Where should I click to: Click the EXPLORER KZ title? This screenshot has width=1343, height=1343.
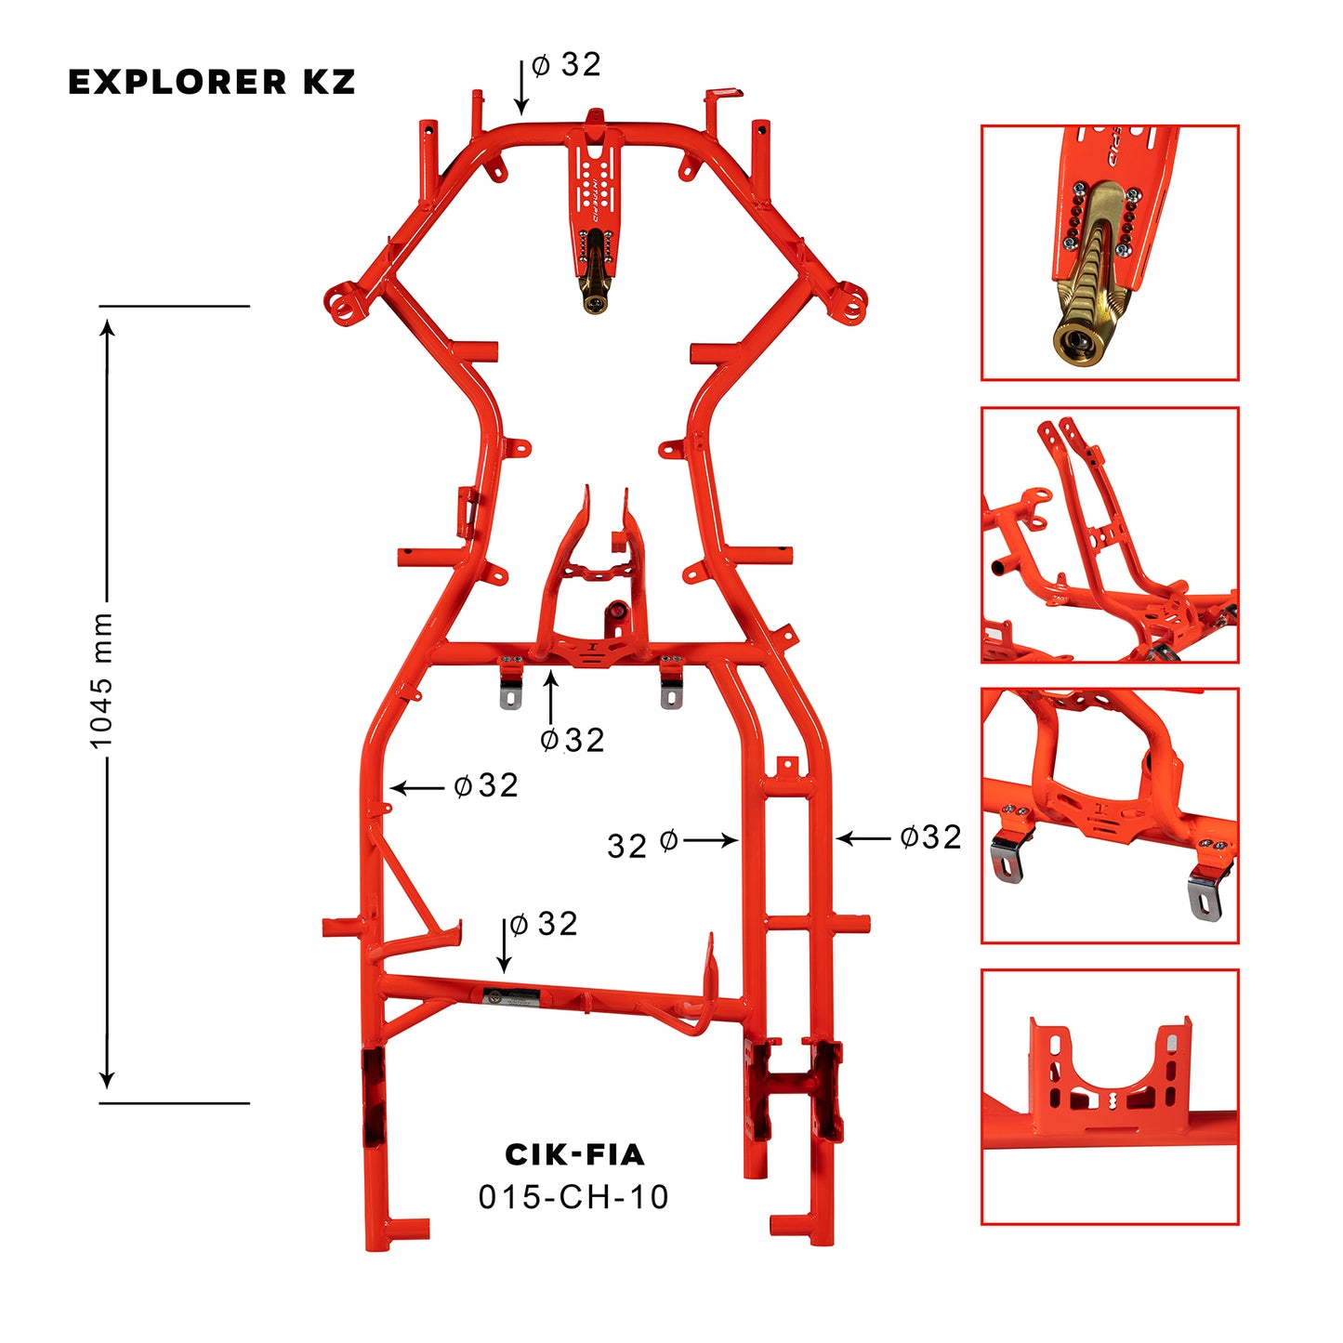tap(212, 82)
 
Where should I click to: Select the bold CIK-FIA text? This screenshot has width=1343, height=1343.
tap(573, 1154)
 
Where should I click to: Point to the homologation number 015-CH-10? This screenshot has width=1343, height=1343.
tap(573, 1197)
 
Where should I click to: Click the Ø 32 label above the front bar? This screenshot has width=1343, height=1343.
tap(566, 65)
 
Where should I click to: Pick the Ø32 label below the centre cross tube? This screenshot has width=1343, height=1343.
tap(573, 740)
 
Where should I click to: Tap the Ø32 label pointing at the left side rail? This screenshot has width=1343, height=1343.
tap(485, 786)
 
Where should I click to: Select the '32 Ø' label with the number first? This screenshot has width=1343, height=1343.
tap(641, 845)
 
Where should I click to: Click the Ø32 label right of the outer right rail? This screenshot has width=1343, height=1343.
tap(930, 837)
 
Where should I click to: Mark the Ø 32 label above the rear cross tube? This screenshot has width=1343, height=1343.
tap(544, 924)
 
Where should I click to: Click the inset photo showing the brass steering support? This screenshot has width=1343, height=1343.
tap(1110, 253)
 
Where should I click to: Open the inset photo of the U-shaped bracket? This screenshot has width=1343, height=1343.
tap(1110, 1097)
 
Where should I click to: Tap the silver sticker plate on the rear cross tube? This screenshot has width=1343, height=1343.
tap(509, 997)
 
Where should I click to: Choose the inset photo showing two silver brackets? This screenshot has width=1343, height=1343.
tap(1110, 815)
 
